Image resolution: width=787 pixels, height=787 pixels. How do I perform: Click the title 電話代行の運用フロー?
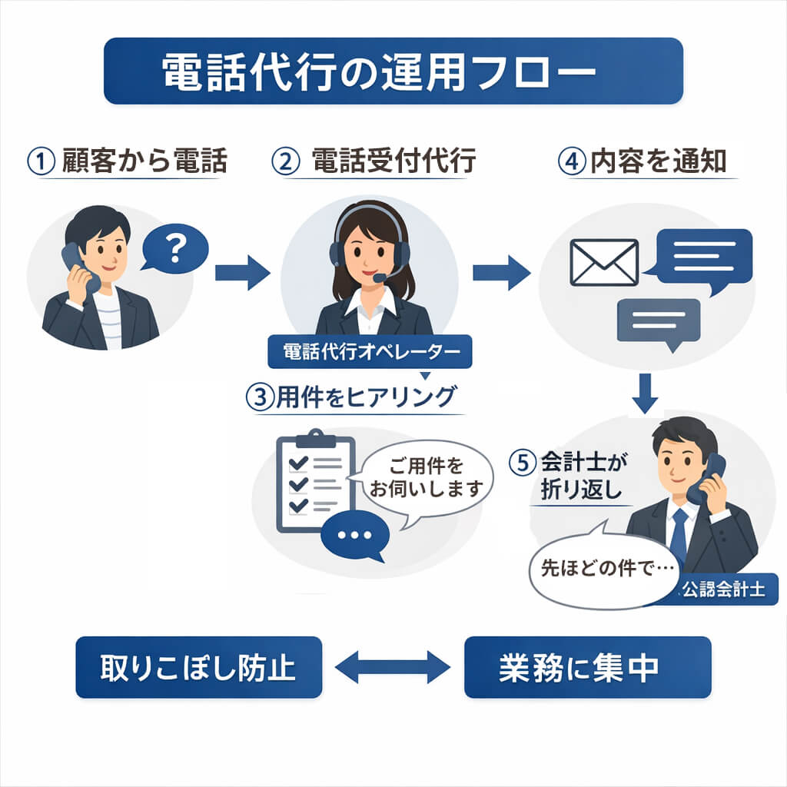tap(393, 71)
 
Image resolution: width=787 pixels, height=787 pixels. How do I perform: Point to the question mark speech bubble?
tap(176, 248)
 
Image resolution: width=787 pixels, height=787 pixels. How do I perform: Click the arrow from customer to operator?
tap(242, 272)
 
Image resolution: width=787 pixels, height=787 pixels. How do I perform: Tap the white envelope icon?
tap(604, 262)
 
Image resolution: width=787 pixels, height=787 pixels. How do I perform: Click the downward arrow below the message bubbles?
tap(647, 393)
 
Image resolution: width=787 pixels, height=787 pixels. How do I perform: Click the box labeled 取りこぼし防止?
tap(198, 667)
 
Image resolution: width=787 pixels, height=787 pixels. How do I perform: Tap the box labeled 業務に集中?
tap(587, 667)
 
